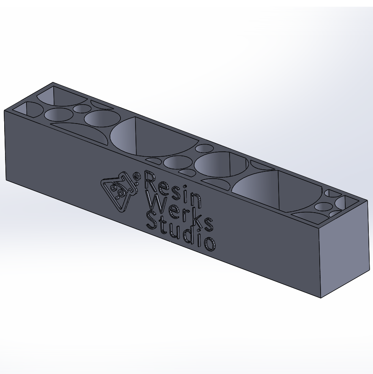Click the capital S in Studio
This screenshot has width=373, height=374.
click(x=151, y=220)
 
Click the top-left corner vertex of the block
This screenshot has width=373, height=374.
click(x=5, y=110)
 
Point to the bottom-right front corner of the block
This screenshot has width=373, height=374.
click(x=321, y=298)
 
